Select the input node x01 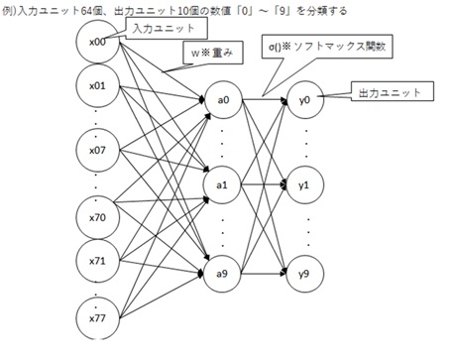[97, 85]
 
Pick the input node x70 [97, 214]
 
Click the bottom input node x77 [97, 319]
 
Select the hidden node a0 [222, 100]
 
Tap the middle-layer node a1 [222, 184]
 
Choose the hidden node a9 [222, 270]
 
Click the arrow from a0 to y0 [263, 100]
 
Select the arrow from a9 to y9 [263, 271]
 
